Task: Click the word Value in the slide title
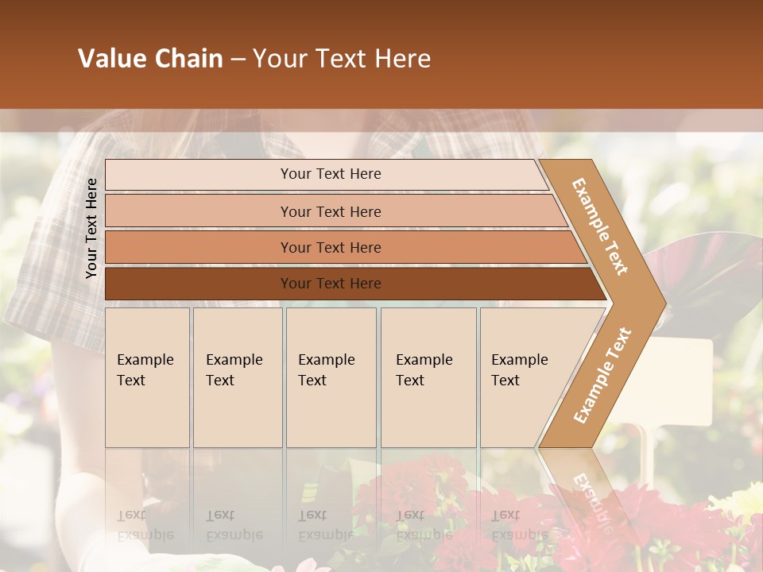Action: coord(111,59)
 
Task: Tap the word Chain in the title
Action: coord(188,59)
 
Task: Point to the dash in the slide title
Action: coord(238,60)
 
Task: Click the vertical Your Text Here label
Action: coord(92,228)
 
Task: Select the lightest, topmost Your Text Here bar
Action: coord(330,174)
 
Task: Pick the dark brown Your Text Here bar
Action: coord(330,284)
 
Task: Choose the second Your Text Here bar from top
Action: coord(330,211)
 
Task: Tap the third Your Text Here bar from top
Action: coord(330,247)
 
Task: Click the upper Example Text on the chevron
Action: coord(600,226)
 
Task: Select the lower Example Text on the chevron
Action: coord(602,375)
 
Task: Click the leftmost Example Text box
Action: coord(147,377)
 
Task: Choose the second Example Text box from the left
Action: coord(237,377)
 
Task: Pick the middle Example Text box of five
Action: coord(331,377)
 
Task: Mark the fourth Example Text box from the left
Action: coord(428,377)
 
